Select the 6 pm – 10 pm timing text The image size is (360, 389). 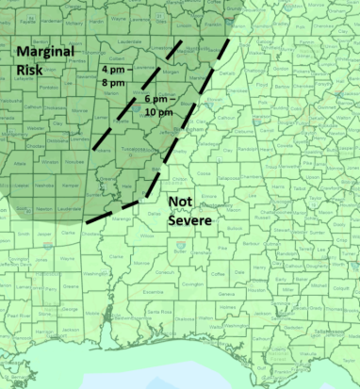click(159, 105)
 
